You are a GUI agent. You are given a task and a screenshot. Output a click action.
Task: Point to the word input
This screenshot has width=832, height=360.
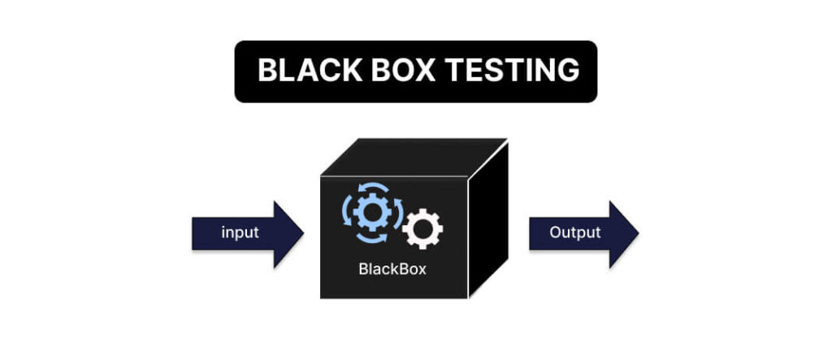coord(240,233)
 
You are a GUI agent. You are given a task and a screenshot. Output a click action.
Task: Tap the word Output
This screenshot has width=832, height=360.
coord(574,233)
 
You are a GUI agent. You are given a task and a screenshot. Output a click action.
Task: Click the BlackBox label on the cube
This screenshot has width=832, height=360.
coord(392,269)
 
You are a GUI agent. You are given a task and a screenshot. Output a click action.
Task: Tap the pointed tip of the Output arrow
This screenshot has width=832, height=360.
coord(638,234)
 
